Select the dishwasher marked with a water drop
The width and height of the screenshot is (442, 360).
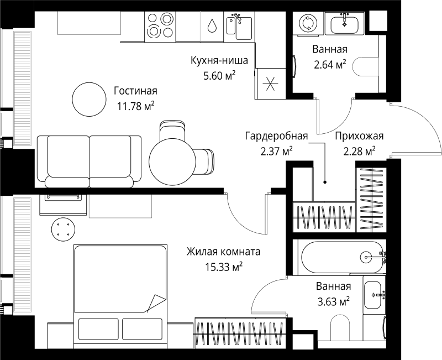[212, 27]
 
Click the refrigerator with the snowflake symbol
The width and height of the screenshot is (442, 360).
[270, 85]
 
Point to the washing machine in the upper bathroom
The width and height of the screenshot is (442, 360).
[306, 23]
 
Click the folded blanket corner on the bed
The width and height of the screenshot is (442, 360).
[155, 304]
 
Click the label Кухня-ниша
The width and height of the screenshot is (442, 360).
[218, 60]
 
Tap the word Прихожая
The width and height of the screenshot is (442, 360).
[359, 137]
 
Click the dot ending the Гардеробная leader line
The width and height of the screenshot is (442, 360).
[325, 181]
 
